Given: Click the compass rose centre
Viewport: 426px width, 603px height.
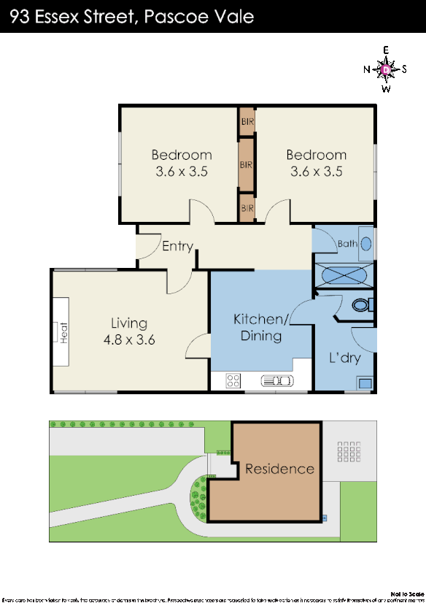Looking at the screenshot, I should click(x=386, y=69).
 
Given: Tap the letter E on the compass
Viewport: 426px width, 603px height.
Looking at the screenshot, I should click(x=386, y=50).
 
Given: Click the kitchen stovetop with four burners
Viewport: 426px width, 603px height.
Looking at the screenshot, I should click(x=233, y=380).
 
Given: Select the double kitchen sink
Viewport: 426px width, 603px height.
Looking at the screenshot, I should click(x=276, y=380).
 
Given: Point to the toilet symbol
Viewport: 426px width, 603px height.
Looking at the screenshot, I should click(x=360, y=304).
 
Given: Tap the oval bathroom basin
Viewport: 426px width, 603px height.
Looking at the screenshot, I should click(x=366, y=244).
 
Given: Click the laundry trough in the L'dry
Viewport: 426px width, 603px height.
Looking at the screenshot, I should click(x=364, y=383).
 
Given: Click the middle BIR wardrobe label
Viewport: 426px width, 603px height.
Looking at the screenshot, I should click(x=246, y=165).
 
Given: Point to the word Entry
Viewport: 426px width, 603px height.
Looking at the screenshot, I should click(x=177, y=246).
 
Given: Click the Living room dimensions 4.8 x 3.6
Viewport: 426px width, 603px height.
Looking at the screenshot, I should click(x=129, y=339).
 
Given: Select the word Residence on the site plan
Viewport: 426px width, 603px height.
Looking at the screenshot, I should click(x=279, y=469).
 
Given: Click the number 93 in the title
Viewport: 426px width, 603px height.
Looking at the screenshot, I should click(x=21, y=16).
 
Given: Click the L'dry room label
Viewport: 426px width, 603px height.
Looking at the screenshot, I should click(x=344, y=358).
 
